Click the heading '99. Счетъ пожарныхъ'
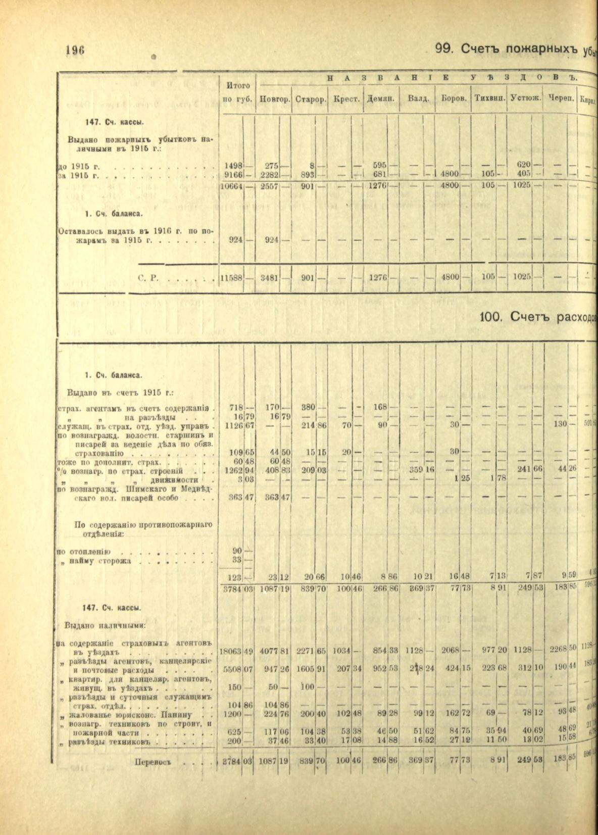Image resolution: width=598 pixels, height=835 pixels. tap(505, 49)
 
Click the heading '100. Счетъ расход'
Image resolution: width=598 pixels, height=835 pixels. tap(538, 317)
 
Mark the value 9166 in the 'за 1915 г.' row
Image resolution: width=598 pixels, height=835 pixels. tap(234, 175)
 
